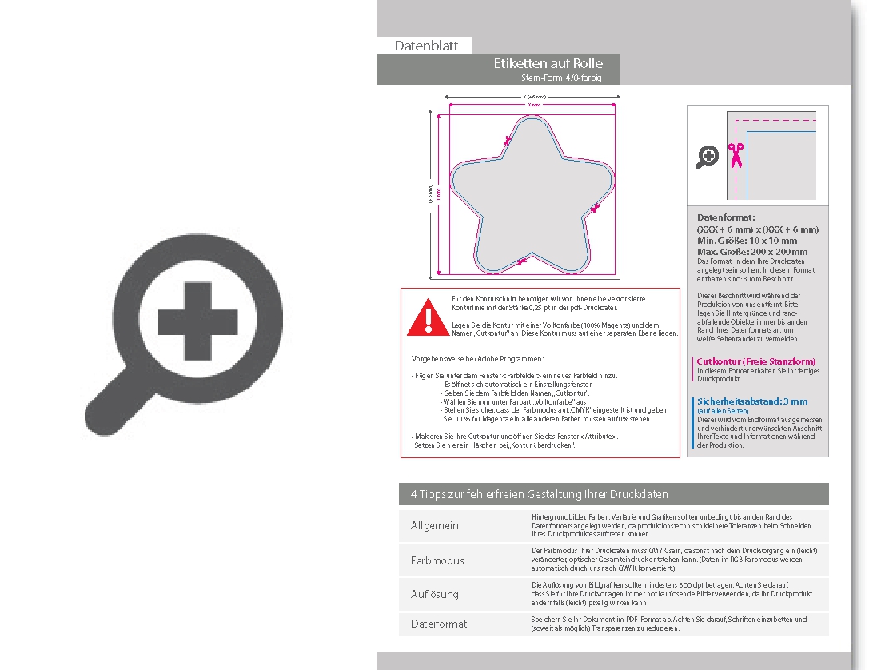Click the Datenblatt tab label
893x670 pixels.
click(x=426, y=46)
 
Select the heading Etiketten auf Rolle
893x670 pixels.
click(x=548, y=64)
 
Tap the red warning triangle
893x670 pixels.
click(x=428, y=319)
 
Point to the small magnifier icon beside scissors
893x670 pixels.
click(x=707, y=157)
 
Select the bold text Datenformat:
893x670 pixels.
click(x=726, y=217)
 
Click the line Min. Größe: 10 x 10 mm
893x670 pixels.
click(x=747, y=241)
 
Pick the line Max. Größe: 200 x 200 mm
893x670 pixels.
click(x=752, y=252)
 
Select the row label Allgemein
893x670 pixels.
click(x=435, y=526)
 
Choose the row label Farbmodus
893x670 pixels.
click(x=437, y=560)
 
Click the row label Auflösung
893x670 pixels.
click(x=435, y=594)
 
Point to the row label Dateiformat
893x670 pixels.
click(x=439, y=624)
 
